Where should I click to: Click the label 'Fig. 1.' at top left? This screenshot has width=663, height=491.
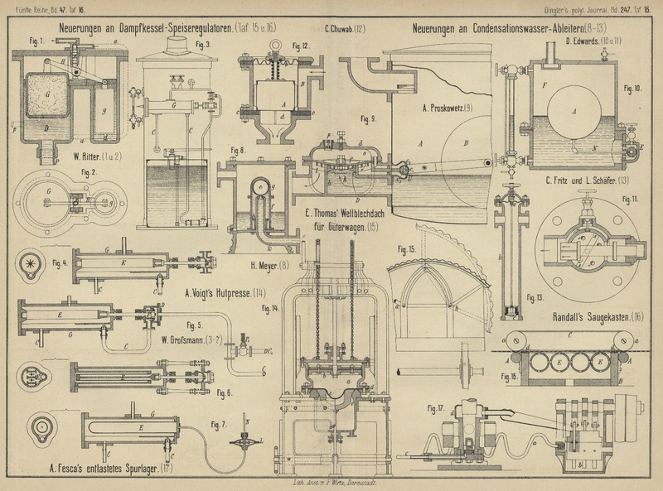36,40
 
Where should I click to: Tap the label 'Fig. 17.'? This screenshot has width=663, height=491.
435,407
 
